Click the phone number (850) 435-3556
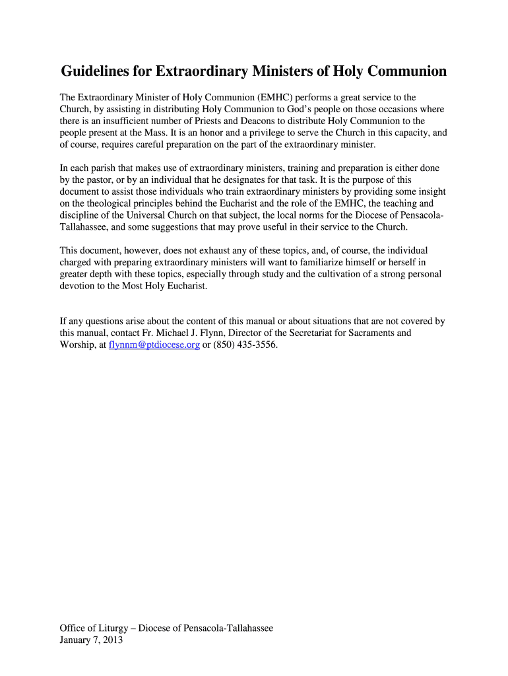pyautogui.click(x=245, y=345)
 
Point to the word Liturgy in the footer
pyautogui.click(x=119, y=628)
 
